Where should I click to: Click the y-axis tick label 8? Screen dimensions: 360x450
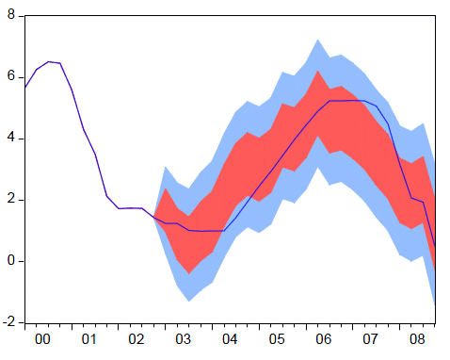click(10, 15)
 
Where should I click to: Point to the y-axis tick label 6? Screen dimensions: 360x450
click(10, 76)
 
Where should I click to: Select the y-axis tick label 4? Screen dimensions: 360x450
click(10, 138)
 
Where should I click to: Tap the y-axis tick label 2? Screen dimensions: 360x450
click(10, 199)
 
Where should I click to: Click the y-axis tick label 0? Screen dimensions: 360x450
click(10, 260)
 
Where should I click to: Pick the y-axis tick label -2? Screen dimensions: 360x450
click(8, 321)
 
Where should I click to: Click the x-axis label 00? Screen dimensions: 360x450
click(42, 338)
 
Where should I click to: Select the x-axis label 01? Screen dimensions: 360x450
click(88, 338)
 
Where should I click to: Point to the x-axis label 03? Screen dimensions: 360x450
click(182, 338)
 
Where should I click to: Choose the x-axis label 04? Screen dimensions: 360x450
click(228, 338)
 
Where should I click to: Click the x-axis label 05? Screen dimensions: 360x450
click(275, 338)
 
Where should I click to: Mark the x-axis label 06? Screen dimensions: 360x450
click(321, 338)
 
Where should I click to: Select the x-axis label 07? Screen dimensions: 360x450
click(368, 338)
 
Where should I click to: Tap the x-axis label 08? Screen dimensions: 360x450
click(414, 338)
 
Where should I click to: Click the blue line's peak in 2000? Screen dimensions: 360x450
click(49, 61)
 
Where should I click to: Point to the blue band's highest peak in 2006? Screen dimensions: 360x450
click(318, 40)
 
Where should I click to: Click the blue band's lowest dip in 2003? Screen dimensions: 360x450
click(189, 302)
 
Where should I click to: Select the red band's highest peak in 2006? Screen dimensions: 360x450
click(318, 71)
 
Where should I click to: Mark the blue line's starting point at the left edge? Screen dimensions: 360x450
click(25, 88)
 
